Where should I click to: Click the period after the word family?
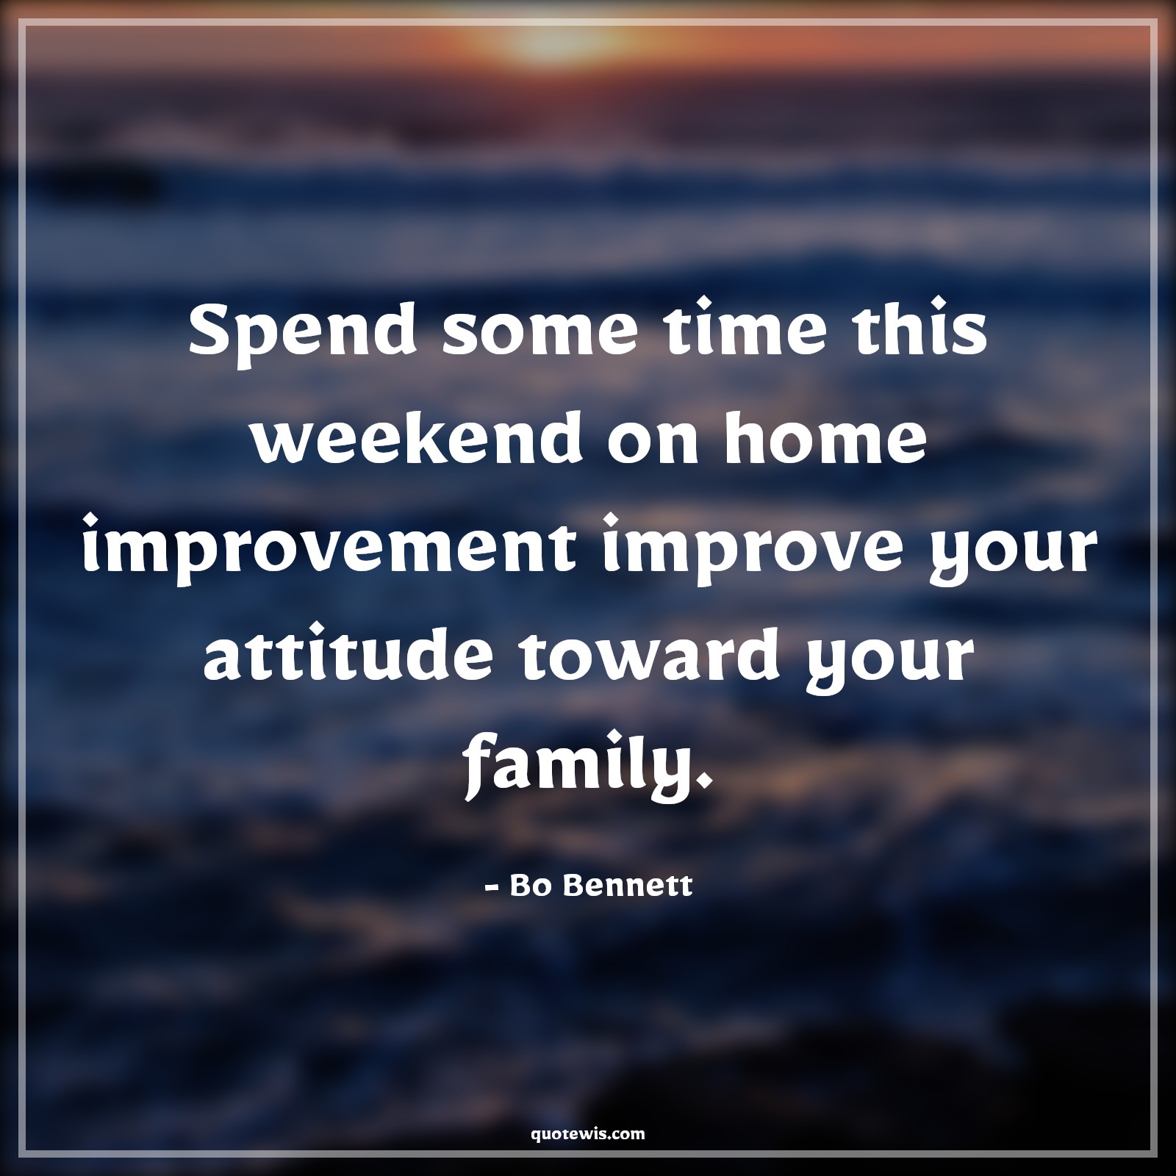coord(707,775)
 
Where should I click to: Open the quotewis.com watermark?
coord(588,1113)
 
